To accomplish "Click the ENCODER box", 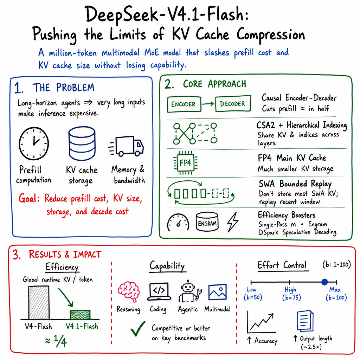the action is [x=184, y=104].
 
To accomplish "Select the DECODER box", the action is [x=233, y=104].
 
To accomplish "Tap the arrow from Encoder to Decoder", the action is [x=208, y=104].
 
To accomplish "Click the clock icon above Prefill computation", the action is [x=34, y=143].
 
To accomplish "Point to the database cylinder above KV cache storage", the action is [x=82, y=143].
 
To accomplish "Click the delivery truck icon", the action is [x=126, y=146].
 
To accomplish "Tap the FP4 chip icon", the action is [x=185, y=163].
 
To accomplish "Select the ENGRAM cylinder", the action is [x=207, y=221].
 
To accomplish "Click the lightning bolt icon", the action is [x=233, y=222].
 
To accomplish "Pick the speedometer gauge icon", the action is [x=178, y=222].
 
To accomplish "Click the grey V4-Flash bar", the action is [x=39, y=302].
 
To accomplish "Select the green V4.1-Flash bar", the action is [x=80, y=315].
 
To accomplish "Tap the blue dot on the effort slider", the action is [x=324, y=282].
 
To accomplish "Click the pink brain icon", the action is [x=129, y=291].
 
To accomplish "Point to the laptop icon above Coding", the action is [x=159, y=291].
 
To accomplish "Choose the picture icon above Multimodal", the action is [x=217, y=292].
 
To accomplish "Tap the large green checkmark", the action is [x=138, y=329].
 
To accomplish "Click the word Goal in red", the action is [x=29, y=198].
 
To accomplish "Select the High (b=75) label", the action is [x=291, y=294].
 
